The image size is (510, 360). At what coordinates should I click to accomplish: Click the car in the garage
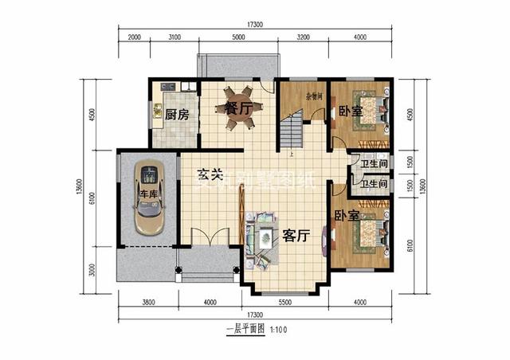click(148, 198)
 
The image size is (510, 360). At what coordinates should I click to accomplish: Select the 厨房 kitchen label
click(177, 115)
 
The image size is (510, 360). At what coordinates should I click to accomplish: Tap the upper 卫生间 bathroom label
click(374, 164)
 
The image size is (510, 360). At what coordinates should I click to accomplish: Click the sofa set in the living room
click(261, 237)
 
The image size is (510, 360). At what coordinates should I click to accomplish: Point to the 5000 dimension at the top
click(238, 37)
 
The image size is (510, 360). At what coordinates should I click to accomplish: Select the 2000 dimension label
click(133, 37)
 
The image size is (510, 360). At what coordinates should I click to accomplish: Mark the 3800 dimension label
click(148, 302)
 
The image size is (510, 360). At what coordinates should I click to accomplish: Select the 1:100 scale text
click(277, 328)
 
